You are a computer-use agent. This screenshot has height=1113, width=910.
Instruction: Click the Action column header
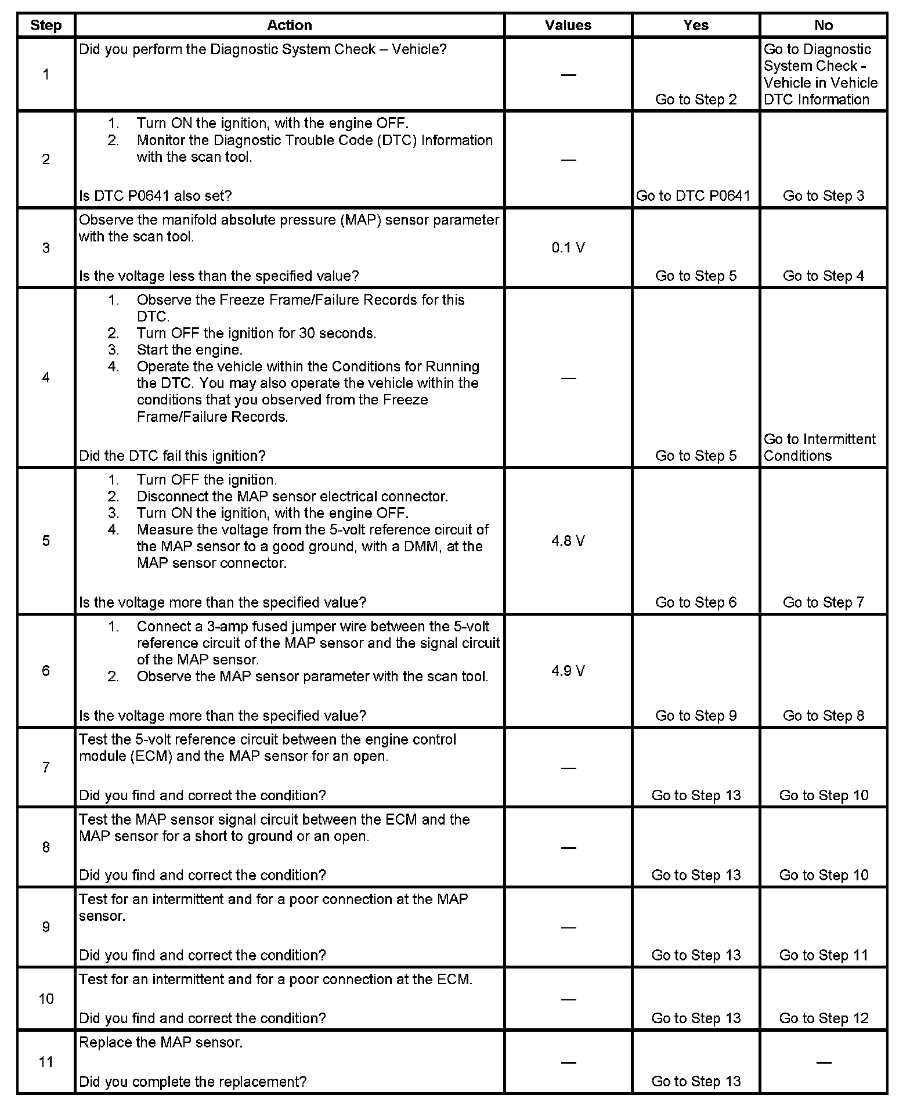pos(289,25)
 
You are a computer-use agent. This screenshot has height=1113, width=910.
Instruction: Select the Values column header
pos(568,25)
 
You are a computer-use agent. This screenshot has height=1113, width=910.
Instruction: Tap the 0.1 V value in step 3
pos(568,248)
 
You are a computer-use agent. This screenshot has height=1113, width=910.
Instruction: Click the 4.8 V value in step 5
pos(568,541)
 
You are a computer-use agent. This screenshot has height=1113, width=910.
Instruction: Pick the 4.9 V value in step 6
pos(568,671)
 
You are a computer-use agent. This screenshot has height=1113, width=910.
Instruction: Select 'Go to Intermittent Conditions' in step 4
pos(819,447)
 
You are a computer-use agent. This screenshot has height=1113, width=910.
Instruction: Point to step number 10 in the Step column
pos(46,999)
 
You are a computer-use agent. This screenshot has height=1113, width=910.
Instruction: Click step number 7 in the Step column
pos(46,768)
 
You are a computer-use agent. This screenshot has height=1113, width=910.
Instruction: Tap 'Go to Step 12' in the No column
pos(824,1018)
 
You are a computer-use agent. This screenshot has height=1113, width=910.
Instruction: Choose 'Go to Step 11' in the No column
pos(824,955)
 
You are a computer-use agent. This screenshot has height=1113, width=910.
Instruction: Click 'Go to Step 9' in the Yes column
pos(695,715)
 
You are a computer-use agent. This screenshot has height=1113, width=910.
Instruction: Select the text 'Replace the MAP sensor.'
pos(161,1042)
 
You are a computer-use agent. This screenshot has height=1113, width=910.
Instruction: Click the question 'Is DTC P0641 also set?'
pos(155,196)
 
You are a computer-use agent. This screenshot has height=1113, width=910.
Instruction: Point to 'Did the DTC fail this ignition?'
pos(172,456)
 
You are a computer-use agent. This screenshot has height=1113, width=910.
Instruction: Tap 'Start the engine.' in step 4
pos(189,350)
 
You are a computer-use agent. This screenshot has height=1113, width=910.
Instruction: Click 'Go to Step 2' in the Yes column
pos(695,99)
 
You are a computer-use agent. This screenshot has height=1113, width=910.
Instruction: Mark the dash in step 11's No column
pos(824,1063)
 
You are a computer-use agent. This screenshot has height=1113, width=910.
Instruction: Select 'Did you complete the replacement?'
pos(193,1081)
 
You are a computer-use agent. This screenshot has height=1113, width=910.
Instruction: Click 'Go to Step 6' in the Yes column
pos(695,602)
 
